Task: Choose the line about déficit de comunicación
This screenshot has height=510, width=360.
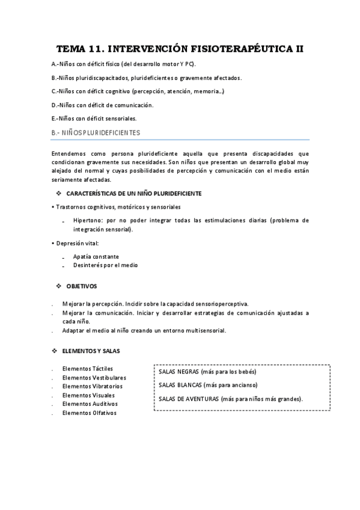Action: [103, 105]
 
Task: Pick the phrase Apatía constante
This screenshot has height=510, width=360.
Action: [96, 256]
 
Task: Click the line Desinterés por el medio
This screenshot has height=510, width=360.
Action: [104, 265]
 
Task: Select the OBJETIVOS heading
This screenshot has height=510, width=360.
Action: [81, 286]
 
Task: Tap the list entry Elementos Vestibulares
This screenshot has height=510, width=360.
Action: [94, 377]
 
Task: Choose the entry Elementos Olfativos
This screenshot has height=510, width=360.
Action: [89, 413]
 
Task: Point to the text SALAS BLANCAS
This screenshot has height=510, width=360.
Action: [180, 385]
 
